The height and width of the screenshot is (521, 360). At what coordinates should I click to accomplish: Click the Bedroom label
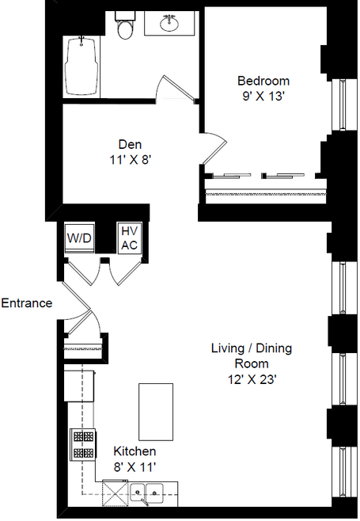click(x=263, y=81)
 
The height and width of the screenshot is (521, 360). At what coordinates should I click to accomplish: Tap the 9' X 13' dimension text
click(x=263, y=97)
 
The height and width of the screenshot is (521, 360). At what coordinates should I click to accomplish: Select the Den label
click(x=131, y=144)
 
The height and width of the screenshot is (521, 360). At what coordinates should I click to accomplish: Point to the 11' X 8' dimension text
click(x=131, y=160)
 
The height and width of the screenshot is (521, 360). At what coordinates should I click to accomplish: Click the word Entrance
click(x=27, y=303)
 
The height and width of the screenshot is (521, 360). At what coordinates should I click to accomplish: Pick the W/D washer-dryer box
click(x=79, y=238)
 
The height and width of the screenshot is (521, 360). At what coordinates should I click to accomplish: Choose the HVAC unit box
click(x=130, y=238)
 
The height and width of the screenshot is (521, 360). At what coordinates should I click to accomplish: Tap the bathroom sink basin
click(x=169, y=23)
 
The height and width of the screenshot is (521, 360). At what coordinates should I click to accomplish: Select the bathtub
click(x=81, y=66)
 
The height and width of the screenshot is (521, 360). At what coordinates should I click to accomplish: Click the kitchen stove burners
click(x=83, y=444)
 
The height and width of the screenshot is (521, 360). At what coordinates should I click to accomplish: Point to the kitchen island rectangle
click(x=156, y=412)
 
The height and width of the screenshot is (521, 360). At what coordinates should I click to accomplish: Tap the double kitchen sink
click(x=146, y=492)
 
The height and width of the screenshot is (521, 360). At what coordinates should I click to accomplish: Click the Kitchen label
click(x=135, y=451)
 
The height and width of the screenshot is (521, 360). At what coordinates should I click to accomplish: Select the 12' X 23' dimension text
click(x=252, y=379)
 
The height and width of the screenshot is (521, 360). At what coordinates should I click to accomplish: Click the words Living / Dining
click(x=252, y=348)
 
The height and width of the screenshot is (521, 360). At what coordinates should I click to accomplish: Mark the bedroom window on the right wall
click(x=340, y=105)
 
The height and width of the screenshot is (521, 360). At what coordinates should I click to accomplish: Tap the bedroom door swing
click(x=214, y=148)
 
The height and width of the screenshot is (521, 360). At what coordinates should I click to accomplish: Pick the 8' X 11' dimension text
click(x=135, y=467)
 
